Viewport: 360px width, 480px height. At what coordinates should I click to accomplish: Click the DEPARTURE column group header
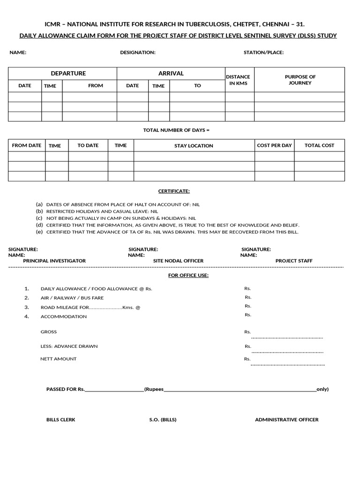tap(68, 74)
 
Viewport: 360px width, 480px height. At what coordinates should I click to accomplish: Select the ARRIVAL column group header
tap(171, 74)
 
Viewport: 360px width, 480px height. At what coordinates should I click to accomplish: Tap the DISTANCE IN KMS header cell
tap(238, 80)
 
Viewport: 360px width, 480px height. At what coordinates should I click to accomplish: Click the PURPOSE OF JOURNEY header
tap(300, 80)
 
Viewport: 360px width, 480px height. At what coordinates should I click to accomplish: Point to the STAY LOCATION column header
tap(194, 146)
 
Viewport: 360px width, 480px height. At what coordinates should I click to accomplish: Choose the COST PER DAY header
tap(274, 145)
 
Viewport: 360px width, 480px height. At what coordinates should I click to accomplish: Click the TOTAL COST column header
tap(319, 145)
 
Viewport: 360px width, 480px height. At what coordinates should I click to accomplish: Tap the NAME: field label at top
tap(18, 52)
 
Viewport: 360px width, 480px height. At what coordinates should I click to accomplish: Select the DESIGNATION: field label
tap(138, 52)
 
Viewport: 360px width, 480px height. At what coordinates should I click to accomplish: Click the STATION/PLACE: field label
tap(263, 52)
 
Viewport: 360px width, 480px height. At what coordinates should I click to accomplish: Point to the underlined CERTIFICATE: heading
tap(174, 191)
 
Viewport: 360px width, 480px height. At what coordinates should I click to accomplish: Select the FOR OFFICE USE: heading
tap(188, 275)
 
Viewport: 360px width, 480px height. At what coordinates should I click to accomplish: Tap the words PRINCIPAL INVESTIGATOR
tap(54, 261)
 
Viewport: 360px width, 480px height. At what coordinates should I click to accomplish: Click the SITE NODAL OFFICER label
tap(179, 261)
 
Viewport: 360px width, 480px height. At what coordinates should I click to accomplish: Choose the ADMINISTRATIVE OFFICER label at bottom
tap(286, 420)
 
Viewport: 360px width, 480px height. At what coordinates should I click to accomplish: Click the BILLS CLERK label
tap(60, 420)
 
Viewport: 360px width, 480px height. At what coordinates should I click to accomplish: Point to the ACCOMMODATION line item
tap(64, 316)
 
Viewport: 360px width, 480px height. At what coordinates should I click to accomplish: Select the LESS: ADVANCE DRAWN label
tap(69, 346)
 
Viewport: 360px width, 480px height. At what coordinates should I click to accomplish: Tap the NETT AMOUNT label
tap(59, 359)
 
